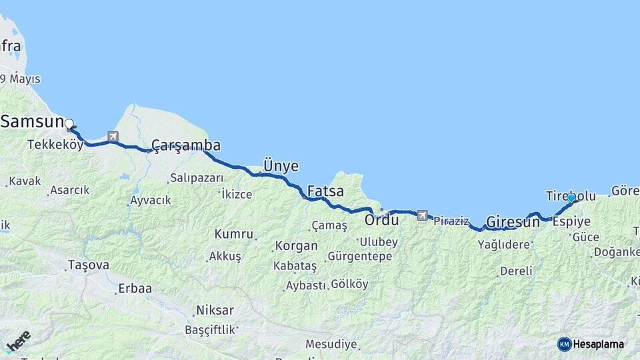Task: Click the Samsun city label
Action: tap(32, 121)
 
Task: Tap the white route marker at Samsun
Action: tap(69, 123)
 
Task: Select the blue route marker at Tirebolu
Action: tap(571, 198)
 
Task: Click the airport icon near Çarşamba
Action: tap(113, 137)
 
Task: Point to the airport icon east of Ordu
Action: tap(422, 215)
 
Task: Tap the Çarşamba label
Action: tap(185, 145)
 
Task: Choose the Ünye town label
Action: tap(281, 166)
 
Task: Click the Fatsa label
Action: tap(325, 191)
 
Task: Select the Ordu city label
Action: tap(381, 219)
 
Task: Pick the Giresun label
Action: tap(513, 221)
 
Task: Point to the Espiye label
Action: tap(572, 221)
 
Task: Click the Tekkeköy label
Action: tap(55, 145)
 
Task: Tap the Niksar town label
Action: tap(215, 310)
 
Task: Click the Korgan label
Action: tap(297, 245)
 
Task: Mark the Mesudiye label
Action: tap(331, 345)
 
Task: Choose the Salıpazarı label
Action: tap(196, 177)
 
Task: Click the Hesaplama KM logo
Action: tap(591, 344)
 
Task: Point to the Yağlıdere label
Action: tap(504, 245)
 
